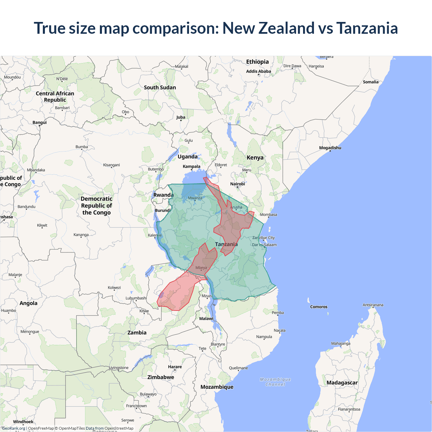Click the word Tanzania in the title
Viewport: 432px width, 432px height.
(x=367, y=28)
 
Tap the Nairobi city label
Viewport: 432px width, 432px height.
(x=237, y=184)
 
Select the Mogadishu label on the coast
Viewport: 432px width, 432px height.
(x=330, y=148)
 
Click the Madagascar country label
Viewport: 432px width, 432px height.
(x=342, y=382)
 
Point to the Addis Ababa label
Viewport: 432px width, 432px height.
(x=258, y=71)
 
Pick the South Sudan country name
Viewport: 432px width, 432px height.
(x=160, y=87)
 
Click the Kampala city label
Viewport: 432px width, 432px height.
(x=191, y=166)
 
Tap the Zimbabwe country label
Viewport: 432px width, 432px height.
(x=161, y=377)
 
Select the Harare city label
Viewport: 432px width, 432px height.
(x=175, y=367)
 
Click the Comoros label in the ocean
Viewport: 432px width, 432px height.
(x=319, y=307)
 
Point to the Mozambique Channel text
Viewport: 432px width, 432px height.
(x=275, y=382)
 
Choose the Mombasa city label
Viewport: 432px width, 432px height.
(x=268, y=215)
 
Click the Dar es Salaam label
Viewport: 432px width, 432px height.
(x=264, y=245)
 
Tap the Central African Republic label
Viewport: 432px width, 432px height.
(x=55, y=97)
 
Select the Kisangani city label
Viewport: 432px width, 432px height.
(x=111, y=165)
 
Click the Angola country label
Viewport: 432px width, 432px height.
(x=28, y=303)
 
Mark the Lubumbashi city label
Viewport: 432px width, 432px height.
(x=136, y=298)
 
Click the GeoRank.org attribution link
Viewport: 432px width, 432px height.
(x=13, y=428)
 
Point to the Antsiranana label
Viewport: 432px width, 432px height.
(x=373, y=305)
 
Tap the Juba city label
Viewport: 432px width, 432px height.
(x=181, y=117)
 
